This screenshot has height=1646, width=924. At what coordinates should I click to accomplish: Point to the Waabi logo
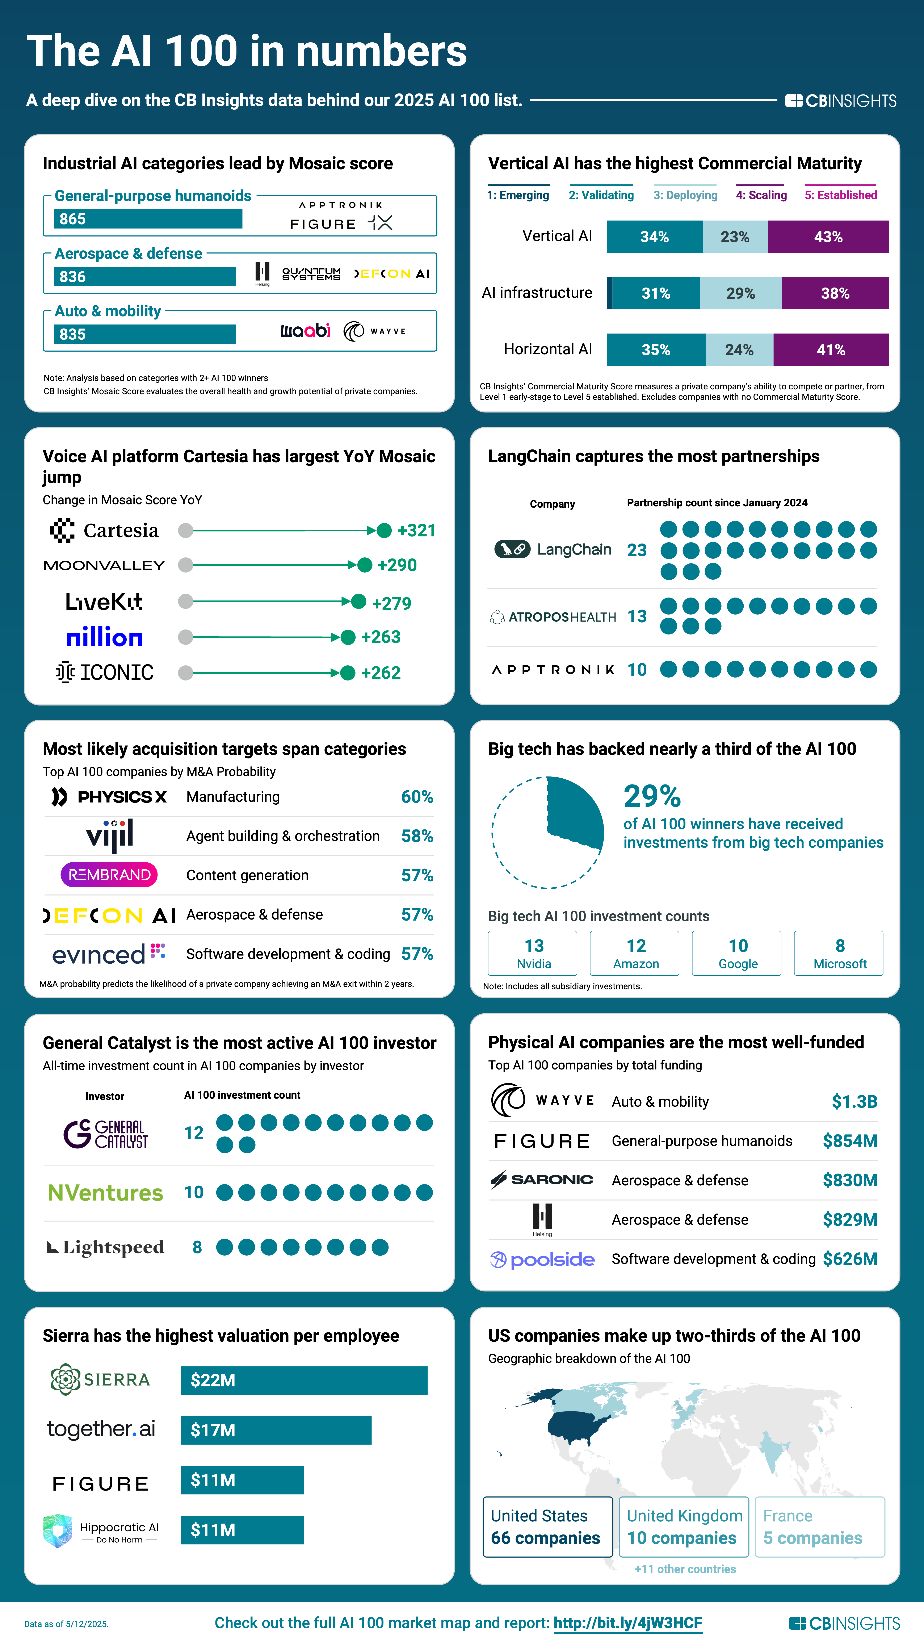(305, 330)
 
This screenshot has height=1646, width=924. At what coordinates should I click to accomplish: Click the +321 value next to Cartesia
(416, 530)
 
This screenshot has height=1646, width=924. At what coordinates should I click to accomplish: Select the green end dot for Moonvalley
(364, 565)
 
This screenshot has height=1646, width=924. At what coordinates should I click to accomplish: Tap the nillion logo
(104, 637)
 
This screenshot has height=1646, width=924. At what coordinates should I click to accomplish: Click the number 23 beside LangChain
(637, 550)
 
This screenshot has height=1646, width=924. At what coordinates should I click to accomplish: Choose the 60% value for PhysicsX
(417, 797)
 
